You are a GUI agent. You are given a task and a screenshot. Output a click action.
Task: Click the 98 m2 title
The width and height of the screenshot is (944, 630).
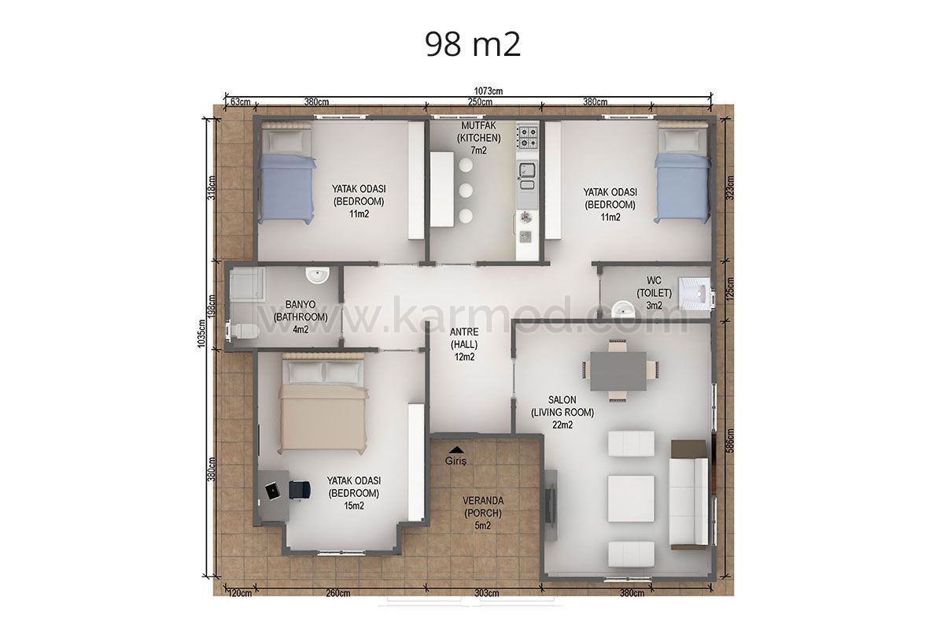[x=473, y=45]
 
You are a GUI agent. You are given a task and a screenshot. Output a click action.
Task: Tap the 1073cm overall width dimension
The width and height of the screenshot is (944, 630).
[x=489, y=91]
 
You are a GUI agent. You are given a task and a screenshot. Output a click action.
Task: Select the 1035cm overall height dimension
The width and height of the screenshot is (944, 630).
[x=201, y=334]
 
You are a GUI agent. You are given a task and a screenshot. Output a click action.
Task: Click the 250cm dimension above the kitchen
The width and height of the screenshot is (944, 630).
[x=480, y=102]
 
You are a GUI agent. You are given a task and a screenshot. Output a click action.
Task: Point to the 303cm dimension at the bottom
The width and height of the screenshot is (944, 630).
[x=487, y=593]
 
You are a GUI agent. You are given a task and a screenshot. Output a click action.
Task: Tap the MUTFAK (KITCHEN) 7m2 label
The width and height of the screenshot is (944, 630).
[x=479, y=138]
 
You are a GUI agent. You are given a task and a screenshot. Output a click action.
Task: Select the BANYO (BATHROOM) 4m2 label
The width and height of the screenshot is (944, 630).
[x=301, y=317]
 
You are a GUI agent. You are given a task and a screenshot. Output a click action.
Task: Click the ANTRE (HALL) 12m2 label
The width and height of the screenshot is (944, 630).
[x=464, y=344]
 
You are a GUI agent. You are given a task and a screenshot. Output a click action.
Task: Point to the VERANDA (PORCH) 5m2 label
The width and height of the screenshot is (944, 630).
[x=483, y=513]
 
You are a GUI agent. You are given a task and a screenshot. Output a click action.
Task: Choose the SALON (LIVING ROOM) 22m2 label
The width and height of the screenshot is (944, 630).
[x=562, y=413]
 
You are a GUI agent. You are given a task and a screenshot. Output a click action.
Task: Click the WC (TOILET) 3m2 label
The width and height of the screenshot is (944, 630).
[x=654, y=293]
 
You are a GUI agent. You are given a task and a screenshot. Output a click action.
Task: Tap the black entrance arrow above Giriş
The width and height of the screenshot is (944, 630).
[x=456, y=450]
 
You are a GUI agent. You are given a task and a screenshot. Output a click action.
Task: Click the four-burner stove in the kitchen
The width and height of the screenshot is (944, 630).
[x=527, y=138]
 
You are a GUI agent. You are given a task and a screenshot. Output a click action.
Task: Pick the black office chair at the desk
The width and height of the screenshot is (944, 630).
[x=300, y=490]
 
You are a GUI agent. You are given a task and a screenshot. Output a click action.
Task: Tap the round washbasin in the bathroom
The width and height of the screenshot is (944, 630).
[x=317, y=275]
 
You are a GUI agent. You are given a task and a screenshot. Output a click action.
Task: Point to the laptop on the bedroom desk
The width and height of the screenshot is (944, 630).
[x=272, y=491]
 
